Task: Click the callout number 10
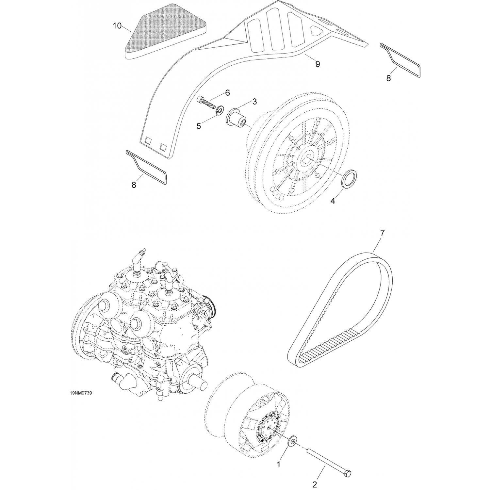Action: pyautogui.click(x=117, y=26)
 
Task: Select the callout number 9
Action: pyautogui.click(x=318, y=64)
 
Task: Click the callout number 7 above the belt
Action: pyautogui.click(x=382, y=233)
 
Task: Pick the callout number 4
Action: pyautogui.click(x=333, y=201)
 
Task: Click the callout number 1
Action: pyautogui.click(x=279, y=464)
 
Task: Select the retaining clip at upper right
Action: pyautogui.click(x=400, y=60)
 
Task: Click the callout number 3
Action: pyautogui.click(x=254, y=102)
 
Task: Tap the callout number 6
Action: pyautogui.click(x=227, y=93)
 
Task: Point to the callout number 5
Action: pyautogui.click(x=199, y=126)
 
